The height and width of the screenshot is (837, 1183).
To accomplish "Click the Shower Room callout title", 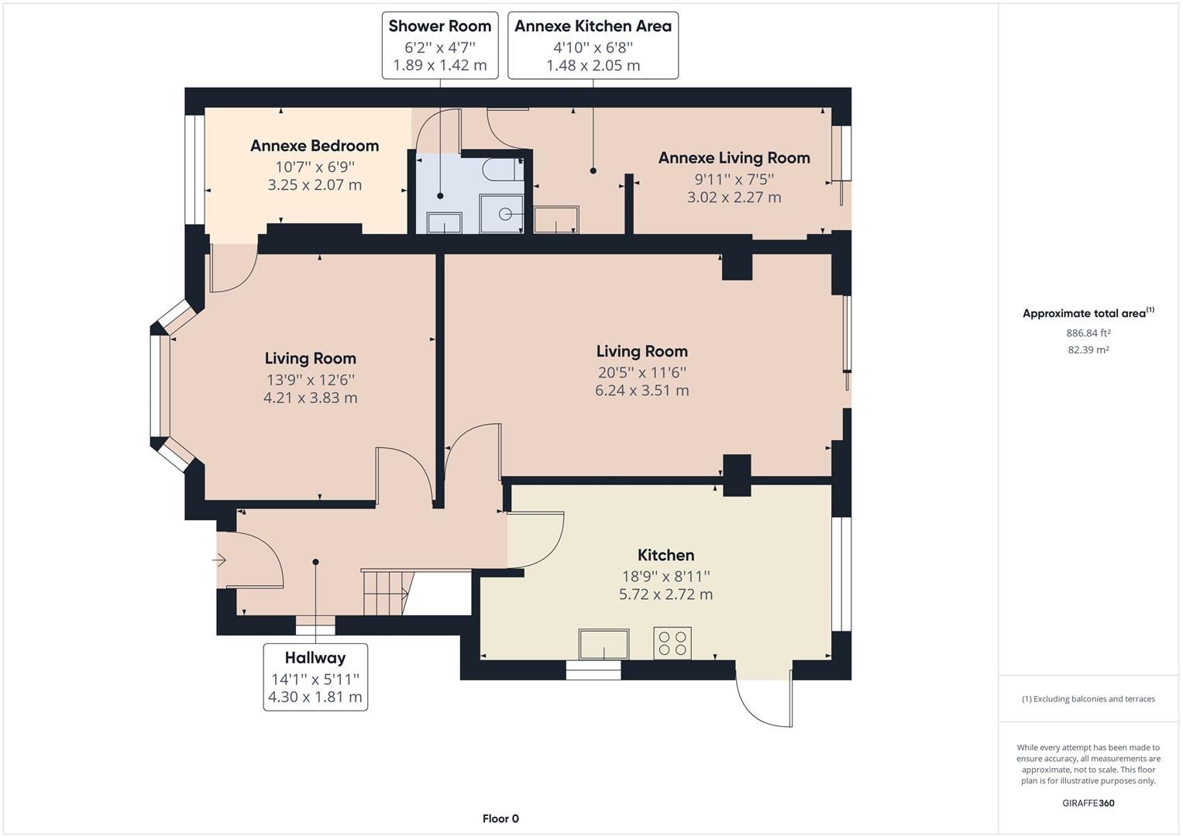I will point(439,26).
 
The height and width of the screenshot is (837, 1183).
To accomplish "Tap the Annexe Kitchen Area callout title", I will point(593,26).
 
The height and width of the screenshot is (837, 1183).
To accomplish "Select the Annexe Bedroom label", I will point(314,146).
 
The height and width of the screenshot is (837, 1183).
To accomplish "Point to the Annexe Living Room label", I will point(734,158).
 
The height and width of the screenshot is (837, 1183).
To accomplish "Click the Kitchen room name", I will point(665,555).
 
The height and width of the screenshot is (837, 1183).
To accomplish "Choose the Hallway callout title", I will point(315,658).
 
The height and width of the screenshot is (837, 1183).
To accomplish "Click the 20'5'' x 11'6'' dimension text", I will point(641,372).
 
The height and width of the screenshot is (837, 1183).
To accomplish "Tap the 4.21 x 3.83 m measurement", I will point(310,398).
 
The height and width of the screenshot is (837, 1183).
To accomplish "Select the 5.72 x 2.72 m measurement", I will point(665,594).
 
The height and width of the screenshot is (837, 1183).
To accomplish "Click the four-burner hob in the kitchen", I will point(672,642).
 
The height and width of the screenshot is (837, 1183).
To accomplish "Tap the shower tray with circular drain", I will point(505,213).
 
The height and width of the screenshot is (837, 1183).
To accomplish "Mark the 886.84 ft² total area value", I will point(1088,333).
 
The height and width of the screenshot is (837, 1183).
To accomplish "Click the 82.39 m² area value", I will point(1088,350).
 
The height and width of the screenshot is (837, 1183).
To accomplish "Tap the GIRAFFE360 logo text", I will point(1088,803).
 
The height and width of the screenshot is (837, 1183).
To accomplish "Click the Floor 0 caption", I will point(500,818).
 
